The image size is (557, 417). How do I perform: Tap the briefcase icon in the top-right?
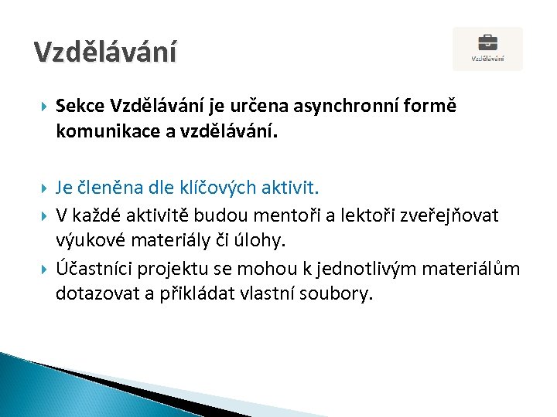(487, 42)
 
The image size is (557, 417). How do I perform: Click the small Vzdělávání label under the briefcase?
(487, 58)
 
